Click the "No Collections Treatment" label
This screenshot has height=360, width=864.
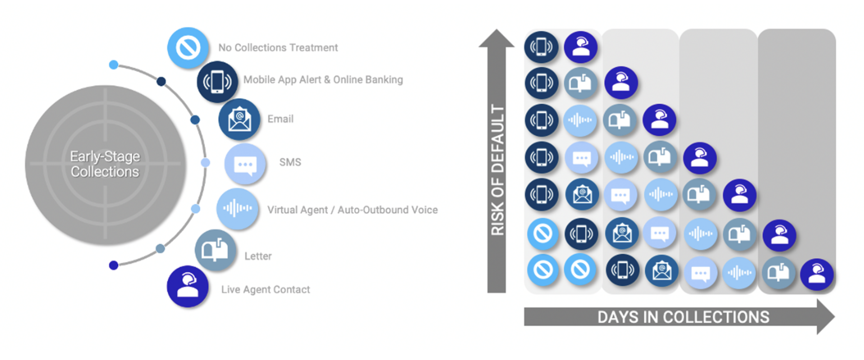pos(278,48)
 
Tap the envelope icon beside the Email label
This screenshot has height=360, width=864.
pos(239,119)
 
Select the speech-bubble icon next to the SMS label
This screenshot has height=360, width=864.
pos(245,164)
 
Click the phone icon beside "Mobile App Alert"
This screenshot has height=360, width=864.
pos(217,82)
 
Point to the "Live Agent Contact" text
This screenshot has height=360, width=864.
pos(265,290)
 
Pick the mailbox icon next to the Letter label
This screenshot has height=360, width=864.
pos(215,250)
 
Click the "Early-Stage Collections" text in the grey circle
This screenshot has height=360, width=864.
pos(105,164)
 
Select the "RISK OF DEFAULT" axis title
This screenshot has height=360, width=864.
pos(497,170)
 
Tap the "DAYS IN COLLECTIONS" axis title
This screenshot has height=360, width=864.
pos(683,317)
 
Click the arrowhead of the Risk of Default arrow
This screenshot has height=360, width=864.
pos(496,38)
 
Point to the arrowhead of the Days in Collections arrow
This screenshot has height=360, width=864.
pos(825,317)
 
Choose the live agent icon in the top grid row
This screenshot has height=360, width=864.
pos(581,47)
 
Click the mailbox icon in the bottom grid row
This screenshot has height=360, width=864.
pos(778,272)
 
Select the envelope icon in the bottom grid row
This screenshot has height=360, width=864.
pos(662,271)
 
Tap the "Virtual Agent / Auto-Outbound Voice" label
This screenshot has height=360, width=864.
pos(352,210)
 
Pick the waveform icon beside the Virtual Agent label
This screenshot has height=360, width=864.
pos(237,208)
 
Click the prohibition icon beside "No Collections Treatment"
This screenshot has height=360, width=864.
pos(188,48)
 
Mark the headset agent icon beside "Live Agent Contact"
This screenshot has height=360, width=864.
pos(188,287)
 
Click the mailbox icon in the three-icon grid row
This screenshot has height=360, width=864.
pos(581,83)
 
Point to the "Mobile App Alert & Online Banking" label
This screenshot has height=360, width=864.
pos(323,80)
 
